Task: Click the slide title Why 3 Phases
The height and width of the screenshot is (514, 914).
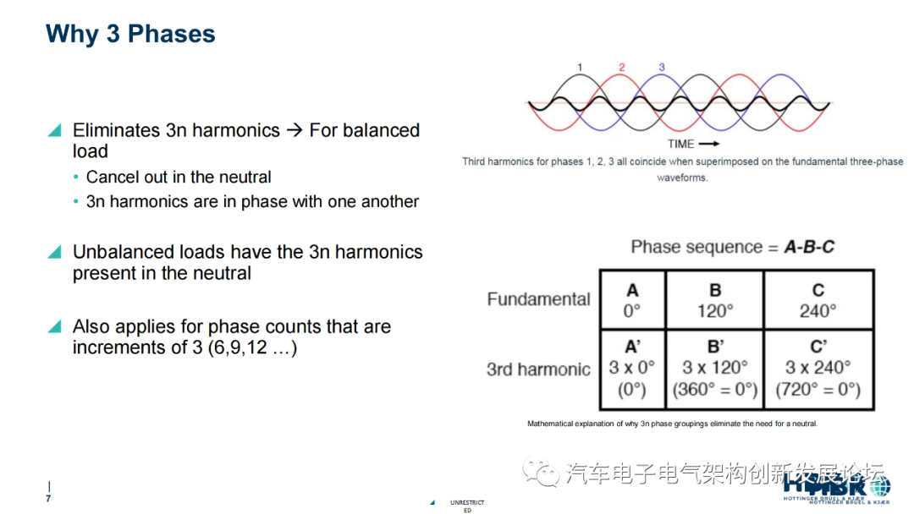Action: coord(130,34)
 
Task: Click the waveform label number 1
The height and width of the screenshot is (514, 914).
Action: coord(580,67)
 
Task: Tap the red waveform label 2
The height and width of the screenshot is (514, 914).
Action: coord(621,67)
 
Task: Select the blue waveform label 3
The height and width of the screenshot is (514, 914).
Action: coord(661,67)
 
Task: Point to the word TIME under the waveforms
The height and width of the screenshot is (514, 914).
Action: coord(681,144)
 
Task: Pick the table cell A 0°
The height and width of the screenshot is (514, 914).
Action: coord(632,301)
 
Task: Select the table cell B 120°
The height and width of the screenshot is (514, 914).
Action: coord(715,301)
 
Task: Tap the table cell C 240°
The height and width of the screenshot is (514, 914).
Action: coord(818,301)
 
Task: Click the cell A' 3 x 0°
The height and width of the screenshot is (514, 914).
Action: coord(632,369)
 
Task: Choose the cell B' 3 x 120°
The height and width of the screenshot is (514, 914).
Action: coord(715,369)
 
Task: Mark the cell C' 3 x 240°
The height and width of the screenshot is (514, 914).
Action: coord(818,369)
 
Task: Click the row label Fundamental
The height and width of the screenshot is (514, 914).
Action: coord(538,299)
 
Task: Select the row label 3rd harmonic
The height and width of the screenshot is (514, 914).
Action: coord(538,369)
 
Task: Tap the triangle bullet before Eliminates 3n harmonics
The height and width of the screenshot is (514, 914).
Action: coord(55,130)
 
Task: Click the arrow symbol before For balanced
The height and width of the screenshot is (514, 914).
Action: coord(294,130)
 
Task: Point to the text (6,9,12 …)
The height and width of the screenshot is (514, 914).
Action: coord(252,347)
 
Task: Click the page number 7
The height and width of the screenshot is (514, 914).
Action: coord(48,499)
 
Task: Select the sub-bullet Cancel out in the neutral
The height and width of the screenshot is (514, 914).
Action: coord(179,178)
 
